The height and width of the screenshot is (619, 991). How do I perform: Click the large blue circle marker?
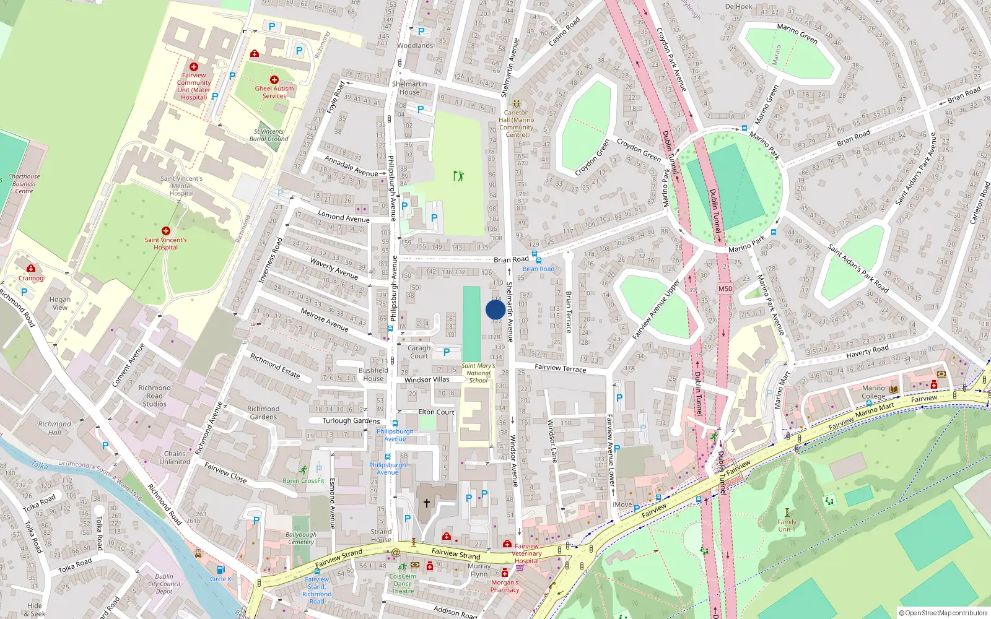point(495,309)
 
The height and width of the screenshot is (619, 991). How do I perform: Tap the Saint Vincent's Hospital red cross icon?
point(165,231)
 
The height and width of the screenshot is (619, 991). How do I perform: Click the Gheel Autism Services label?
point(274,92)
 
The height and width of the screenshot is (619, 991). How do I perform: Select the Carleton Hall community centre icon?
point(517,104)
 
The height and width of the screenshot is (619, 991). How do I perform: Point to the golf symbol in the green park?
point(458,176)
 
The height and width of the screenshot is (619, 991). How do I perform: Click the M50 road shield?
point(725,288)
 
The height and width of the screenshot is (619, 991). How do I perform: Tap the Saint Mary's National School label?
point(478,373)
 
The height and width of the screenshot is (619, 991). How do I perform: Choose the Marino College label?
point(873,392)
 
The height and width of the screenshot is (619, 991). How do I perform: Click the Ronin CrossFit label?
point(303,480)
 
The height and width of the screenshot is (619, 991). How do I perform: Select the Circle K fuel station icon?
point(220,569)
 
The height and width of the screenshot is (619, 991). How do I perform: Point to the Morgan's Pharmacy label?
point(505,586)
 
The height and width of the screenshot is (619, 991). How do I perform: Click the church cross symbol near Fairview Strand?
point(426,503)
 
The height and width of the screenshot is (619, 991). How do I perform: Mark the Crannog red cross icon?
point(31,268)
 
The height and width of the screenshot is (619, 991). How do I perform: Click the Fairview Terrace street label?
point(560,368)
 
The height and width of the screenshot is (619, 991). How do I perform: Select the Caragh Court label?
point(419,352)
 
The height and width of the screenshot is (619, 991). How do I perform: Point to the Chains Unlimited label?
point(175,457)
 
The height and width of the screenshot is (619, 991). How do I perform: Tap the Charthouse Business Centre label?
point(24,184)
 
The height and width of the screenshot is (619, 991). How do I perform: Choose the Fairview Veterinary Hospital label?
point(527,553)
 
